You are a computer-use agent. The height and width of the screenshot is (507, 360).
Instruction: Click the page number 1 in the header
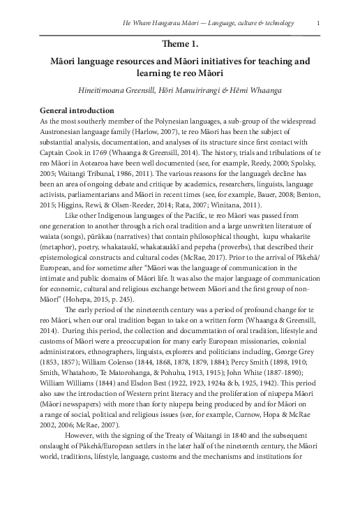pyautogui.click(x=318, y=22)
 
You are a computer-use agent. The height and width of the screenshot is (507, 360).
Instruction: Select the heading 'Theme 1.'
pyautogui.click(x=179, y=44)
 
